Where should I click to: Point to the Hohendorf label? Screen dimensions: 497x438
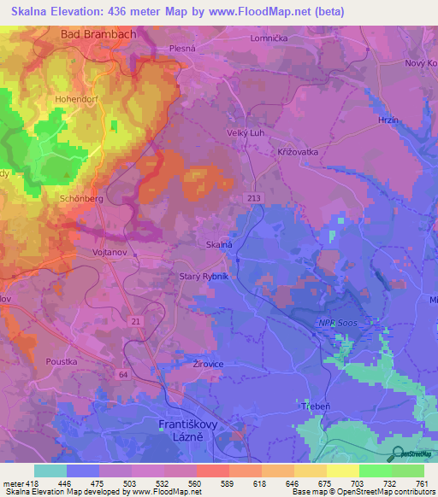tap(78, 99)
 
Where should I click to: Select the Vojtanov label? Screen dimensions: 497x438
tap(109, 254)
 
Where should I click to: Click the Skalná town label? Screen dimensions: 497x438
tap(219, 244)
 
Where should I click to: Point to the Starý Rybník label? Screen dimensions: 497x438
tap(202, 276)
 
